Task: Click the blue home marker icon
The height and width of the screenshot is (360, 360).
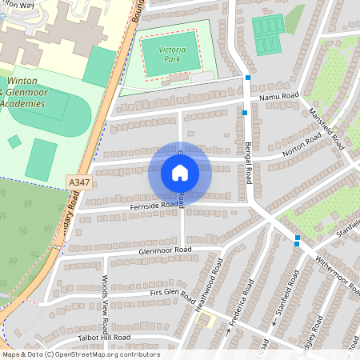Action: (x=180, y=172)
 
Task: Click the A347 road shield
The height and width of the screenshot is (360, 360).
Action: (x=78, y=183)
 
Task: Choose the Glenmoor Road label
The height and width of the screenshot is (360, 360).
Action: (x=166, y=250)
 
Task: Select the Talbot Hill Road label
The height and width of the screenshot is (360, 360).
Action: (x=99, y=338)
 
